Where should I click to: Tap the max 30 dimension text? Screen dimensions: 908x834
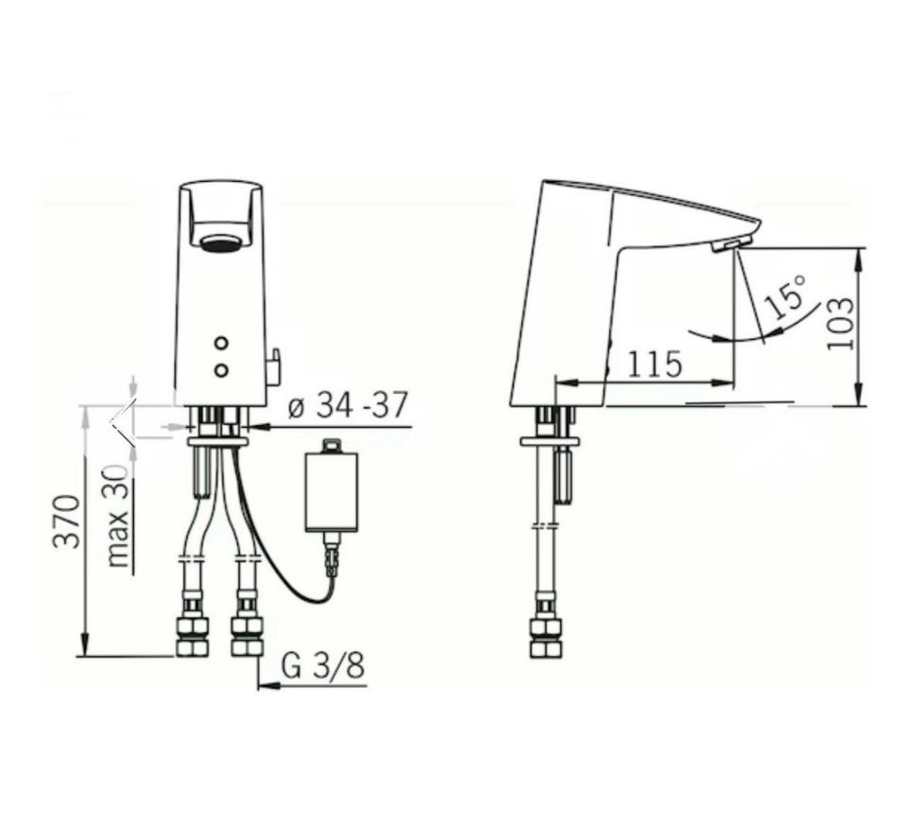tap(117, 516)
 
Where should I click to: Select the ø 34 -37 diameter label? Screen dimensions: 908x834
tap(348, 404)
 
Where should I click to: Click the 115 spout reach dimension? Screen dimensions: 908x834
tap(655, 364)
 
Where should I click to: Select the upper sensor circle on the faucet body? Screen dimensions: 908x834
tap(220, 343)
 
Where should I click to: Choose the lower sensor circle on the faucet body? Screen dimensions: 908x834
tap(220, 369)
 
